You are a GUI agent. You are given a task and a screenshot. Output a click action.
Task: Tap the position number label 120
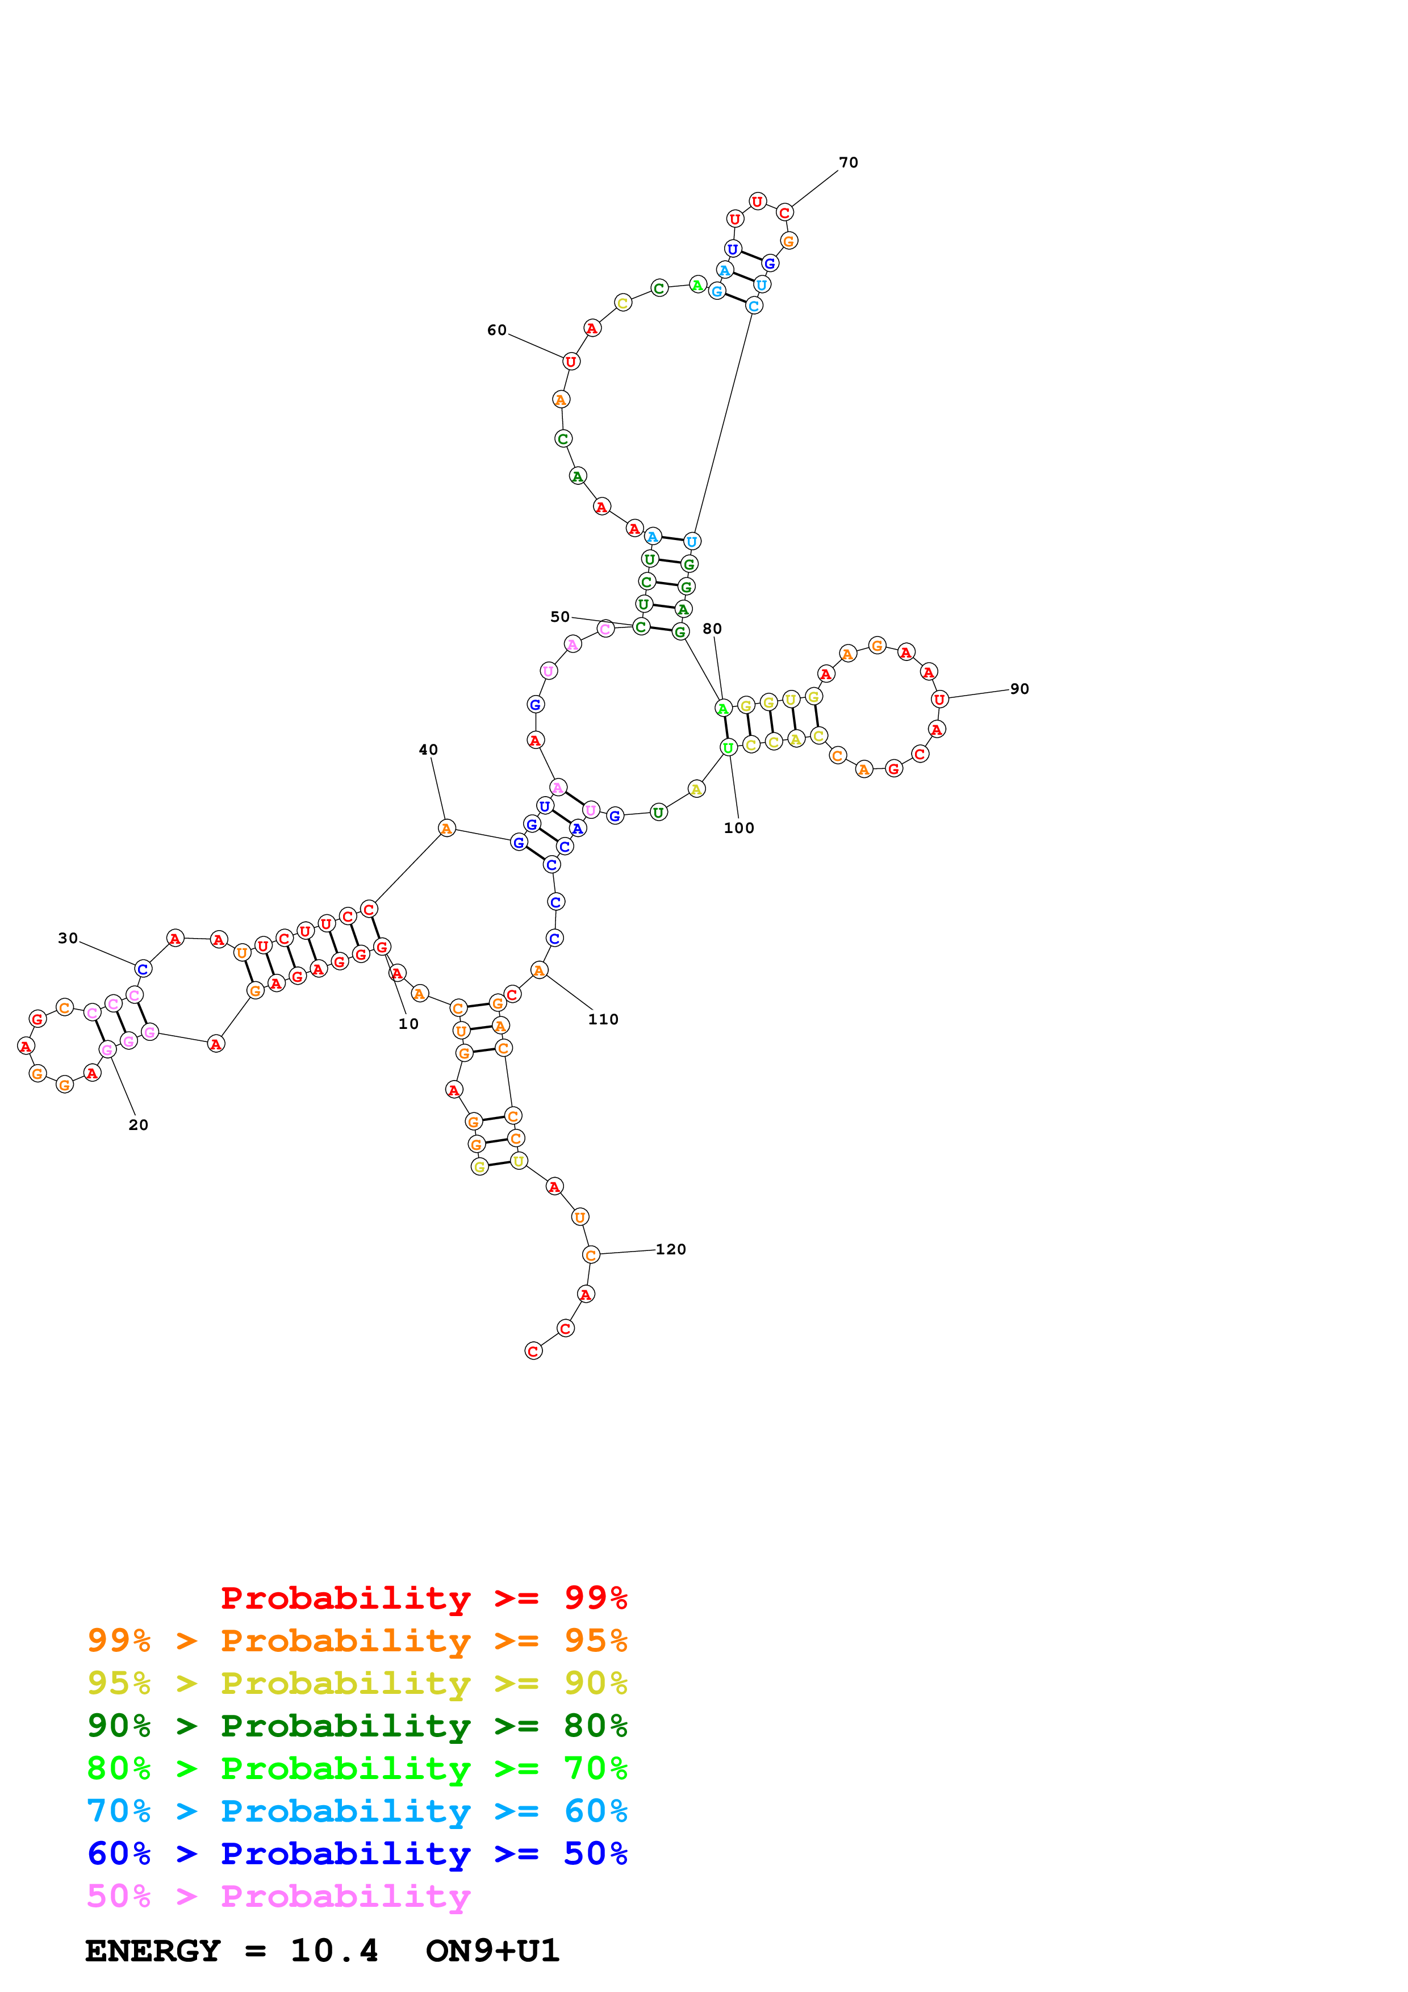point(671,1249)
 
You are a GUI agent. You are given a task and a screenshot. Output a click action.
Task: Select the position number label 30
point(68,938)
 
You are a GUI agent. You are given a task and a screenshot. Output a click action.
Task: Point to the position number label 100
point(738,828)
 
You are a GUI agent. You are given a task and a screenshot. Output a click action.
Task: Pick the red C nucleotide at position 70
point(784,212)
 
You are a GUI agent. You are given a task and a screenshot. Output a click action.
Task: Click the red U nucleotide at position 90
point(939,699)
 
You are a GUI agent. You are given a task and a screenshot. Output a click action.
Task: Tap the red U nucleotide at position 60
point(570,362)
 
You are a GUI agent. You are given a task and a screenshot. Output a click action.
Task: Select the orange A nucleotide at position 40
point(446,828)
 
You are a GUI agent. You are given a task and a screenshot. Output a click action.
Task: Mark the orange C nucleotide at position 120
point(591,1256)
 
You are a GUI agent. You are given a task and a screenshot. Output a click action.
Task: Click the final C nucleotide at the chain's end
point(533,1351)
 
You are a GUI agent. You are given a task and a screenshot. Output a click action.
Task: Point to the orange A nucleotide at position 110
point(539,971)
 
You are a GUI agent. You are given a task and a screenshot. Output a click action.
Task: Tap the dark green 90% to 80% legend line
point(357,1726)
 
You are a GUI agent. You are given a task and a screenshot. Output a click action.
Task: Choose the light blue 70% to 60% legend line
point(357,1811)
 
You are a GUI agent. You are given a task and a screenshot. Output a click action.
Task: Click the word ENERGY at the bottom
point(153,1951)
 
